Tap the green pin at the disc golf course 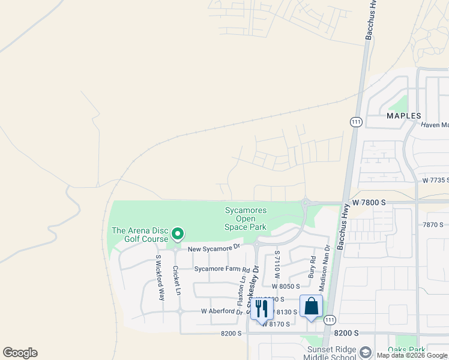click(x=177, y=233)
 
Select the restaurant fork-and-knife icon click(x=262, y=308)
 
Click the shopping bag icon click(x=311, y=307)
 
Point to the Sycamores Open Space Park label click(x=246, y=218)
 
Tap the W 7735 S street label click(x=435, y=180)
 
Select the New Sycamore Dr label click(x=213, y=247)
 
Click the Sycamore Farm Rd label click(x=221, y=269)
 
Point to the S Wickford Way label click(x=160, y=277)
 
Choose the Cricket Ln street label click(x=176, y=281)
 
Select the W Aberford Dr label click(x=221, y=311)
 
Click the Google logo click(x=20, y=353)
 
